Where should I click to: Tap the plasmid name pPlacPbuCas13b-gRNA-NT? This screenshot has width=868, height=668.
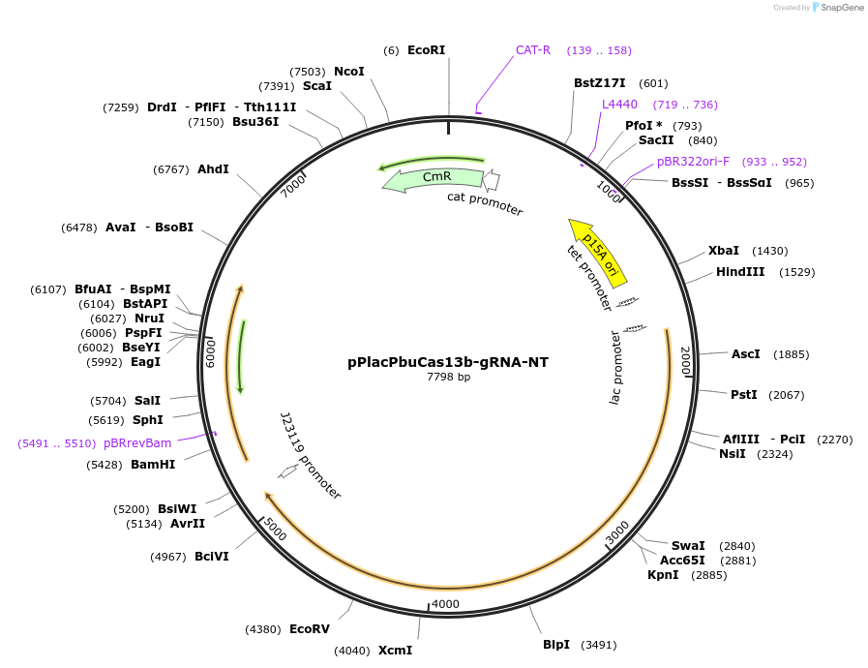coord(448,362)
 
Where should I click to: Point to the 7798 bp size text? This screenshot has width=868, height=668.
coord(448,377)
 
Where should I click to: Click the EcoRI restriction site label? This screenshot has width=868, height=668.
coord(426,49)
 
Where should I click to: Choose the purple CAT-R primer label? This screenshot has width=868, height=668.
coord(532,49)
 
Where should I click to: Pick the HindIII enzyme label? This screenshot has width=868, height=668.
coord(740,272)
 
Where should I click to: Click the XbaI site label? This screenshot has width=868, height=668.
coord(724,250)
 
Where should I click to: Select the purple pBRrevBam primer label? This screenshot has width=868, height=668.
coord(137,442)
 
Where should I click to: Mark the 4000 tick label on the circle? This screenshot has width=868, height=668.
coord(445,603)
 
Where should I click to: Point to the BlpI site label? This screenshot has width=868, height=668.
coord(555,644)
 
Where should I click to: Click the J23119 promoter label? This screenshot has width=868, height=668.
coord(310,455)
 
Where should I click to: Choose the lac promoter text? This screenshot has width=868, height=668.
coord(615,368)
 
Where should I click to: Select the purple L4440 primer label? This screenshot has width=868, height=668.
coord(619,104)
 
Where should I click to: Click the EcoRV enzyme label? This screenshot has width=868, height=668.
coord(310,628)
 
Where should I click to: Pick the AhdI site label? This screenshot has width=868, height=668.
coord(213,169)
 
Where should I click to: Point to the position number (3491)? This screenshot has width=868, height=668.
coord(598,645)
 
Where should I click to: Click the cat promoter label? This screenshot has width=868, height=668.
coord(485,203)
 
